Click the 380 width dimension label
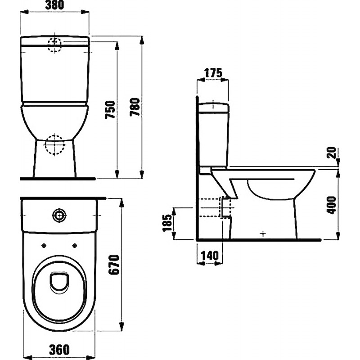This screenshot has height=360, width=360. [x=54, y=5]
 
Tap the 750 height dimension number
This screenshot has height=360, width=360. [x=110, y=109]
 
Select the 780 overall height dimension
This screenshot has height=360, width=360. [x=135, y=107]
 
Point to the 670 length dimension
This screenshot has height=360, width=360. [x=114, y=265]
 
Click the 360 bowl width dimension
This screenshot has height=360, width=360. [x=59, y=350]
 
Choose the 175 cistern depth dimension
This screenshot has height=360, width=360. [x=213, y=73]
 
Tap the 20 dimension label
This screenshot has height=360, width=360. [x=331, y=153]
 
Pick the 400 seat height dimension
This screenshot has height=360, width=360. [x=331, y=205]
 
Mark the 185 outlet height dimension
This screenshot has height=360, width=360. [x=167, y=223]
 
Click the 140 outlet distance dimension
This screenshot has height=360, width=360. [x=210, y=256]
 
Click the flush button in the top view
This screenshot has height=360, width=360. [x=59, y=216]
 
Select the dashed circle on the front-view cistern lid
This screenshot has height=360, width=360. [x=54, y=45]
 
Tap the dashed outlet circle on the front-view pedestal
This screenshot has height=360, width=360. [x=54, y=145]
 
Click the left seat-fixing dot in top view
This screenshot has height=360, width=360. [x=44, y=246]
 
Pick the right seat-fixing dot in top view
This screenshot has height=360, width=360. [x=75, y=246]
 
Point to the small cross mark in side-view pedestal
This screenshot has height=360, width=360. [x=263, y=234]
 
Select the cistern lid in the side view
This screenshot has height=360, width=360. [x=213, y=108]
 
